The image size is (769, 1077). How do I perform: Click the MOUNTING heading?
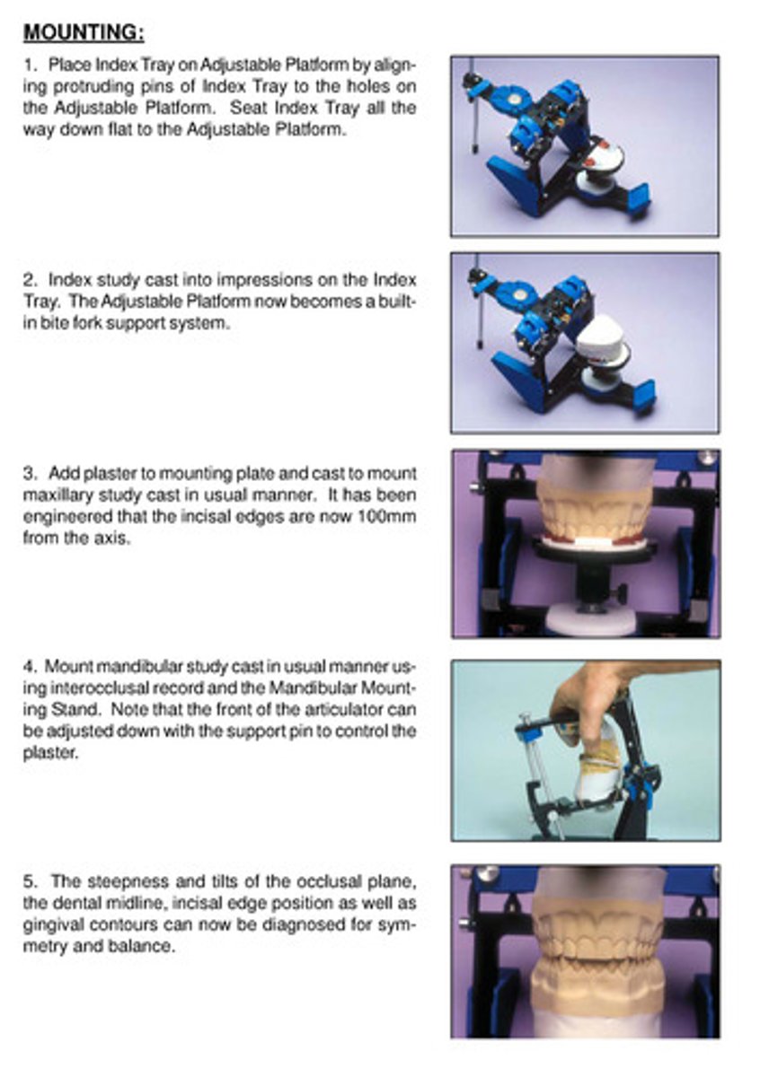(84, 33)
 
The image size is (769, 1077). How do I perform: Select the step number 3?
(29, 473)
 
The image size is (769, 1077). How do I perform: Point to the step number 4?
(29, 667)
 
